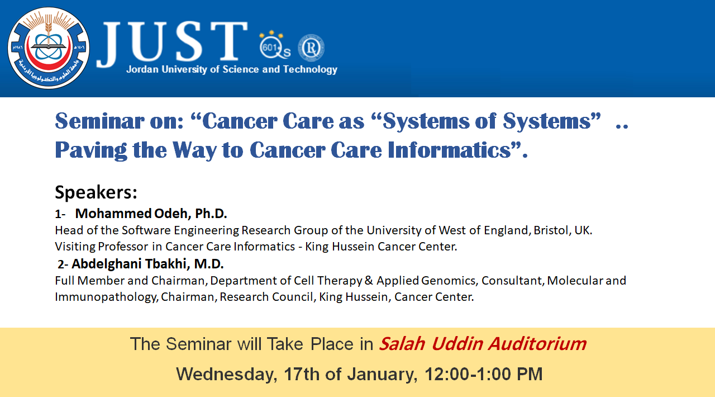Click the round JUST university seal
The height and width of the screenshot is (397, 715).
pos(49,48)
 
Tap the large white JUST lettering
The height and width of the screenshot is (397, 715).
pos(173,43)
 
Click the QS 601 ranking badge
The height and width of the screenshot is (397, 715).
pos(274,45)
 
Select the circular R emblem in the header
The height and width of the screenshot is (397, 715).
pos(311,48)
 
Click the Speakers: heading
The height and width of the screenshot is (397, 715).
pos(96,192)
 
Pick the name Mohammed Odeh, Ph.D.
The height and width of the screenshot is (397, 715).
pos(151,214)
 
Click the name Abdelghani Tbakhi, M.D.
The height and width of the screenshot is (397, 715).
pos(147,264)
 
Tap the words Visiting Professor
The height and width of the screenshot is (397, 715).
pos(102,247)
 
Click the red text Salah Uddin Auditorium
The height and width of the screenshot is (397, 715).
pos(483,344)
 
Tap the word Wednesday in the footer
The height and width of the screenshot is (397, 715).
pos(226,374)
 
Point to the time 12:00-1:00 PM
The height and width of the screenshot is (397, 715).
pos(483,374)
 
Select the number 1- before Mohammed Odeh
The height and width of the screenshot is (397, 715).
pos(60,214)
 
